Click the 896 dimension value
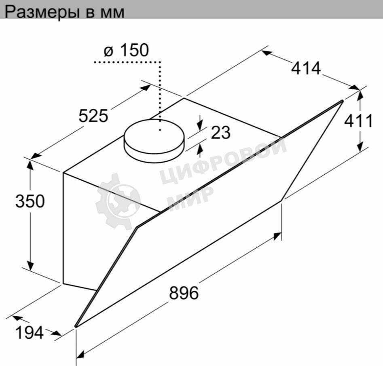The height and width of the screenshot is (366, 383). click(184, 293)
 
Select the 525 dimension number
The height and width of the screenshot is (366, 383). click(93, 116)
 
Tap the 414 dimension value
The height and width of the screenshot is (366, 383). click(306, 68)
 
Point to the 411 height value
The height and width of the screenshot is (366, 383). click(358, 121)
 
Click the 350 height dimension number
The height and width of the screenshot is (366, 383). click(30, 201)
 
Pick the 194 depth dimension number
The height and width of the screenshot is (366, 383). click(29, 332)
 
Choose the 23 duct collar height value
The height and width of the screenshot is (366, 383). click(220, 133)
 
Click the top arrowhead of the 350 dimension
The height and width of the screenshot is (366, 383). click(30, 164)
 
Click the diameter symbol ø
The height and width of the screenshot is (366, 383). click(108, 51)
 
